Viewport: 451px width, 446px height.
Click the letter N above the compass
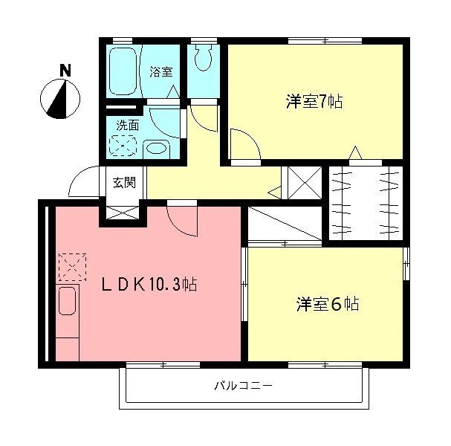(65, 71)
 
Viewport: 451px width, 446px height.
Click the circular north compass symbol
(60, 99)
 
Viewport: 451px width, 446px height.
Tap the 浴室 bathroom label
(161, 72)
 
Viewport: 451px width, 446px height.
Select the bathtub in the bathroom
(123, 71)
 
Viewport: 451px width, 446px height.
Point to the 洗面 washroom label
(127, 126)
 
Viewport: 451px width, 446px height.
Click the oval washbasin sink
(157, 149)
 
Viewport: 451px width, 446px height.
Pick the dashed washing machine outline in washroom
(123, 146)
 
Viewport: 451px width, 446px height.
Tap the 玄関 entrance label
(124, 183)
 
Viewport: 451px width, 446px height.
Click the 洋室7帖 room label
(314, 102)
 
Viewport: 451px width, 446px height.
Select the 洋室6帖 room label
(328, 304)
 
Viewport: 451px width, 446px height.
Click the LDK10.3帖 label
(149, 284)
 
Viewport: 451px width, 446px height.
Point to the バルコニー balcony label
(244, 385)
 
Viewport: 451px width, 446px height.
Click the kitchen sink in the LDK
(67, 301)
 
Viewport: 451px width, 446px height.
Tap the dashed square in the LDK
(73, 267)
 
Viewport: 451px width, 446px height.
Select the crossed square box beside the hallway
(305, 183)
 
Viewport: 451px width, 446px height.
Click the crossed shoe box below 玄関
(123, 213)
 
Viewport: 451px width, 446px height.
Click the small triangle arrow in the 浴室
(173, 91)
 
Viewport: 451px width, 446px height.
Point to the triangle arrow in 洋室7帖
(355, 152)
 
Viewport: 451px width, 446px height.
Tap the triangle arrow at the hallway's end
(274, 193)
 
